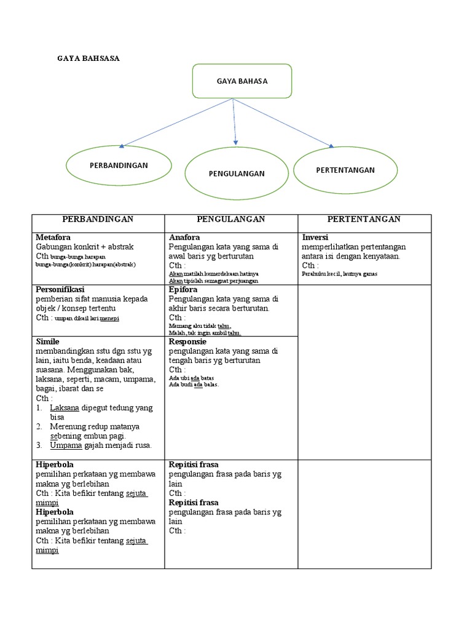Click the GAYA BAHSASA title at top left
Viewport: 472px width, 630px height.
(88, 58)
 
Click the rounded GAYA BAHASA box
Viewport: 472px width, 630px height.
(234, 81)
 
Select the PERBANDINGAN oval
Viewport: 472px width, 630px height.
(119, 165)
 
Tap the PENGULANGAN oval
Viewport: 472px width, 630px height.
(237, 173)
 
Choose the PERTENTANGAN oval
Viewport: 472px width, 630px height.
(345, 170)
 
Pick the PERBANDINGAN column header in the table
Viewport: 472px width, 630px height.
(98, 219)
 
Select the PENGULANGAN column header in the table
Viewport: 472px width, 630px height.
(230, 219)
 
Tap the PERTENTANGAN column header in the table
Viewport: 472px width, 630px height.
(364, 219)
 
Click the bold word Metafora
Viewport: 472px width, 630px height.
(53, 237)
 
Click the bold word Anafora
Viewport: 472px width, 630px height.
(184, 237)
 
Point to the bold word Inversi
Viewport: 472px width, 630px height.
(315, 237)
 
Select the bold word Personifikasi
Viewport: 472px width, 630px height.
(60, 289)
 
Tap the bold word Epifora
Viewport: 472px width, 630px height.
(184, 289)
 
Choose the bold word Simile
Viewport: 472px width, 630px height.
(48, 341)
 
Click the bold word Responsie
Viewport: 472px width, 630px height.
(187, 341)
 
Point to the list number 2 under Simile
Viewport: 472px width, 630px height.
(39, 426)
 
